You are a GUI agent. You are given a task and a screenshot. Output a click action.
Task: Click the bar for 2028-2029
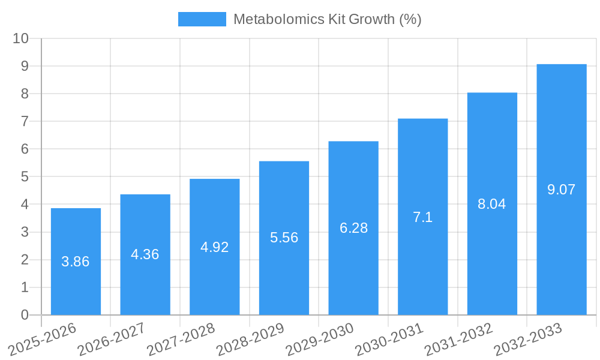[284, 270]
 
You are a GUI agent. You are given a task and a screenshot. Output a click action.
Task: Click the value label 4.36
[145, 254]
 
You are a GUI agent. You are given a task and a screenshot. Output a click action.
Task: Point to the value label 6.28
[353, 228]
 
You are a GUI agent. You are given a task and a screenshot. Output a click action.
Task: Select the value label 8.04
[492, 204]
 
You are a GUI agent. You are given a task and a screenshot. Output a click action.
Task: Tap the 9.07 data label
[561, 190]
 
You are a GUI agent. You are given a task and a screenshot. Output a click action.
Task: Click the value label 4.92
[214, 247]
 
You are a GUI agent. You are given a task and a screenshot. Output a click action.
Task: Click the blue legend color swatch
[202, 19]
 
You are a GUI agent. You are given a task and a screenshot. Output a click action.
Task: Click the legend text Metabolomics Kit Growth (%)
[327, 19]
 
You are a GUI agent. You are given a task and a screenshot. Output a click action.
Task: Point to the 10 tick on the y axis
[21, 38]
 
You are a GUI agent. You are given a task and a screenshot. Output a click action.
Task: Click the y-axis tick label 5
[25, 177]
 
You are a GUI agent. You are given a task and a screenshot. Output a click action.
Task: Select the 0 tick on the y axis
[25, 315]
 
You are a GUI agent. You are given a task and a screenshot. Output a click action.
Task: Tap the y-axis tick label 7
[25, 121]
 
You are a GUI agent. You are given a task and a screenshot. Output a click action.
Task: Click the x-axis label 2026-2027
[112, 340]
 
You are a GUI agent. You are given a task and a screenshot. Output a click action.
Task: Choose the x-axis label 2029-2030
[320, 340]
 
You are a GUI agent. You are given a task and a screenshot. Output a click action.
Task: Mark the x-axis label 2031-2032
[458, 340]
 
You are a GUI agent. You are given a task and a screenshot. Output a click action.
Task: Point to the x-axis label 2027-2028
[181, 340]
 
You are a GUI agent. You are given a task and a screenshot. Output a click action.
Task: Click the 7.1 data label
[422, 217]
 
